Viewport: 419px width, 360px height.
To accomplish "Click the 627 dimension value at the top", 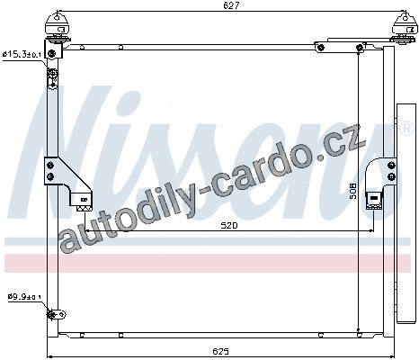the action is [232, 5].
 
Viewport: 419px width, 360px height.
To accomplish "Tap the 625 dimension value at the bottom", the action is [221, 351].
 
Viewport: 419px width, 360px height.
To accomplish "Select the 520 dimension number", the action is [229, 225].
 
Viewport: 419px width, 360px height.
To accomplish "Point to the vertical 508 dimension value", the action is [353, 191].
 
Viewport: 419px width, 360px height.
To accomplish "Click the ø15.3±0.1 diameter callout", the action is [22, 54].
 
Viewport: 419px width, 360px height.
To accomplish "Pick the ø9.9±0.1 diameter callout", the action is [24, 297].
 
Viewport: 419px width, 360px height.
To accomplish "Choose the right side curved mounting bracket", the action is [380, 183].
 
